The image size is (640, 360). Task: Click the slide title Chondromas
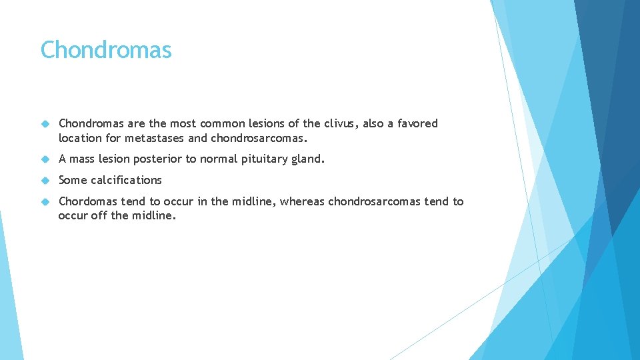click(x=106, y=50)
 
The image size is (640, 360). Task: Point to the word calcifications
click(x=126, y=180)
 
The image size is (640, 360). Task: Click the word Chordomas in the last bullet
click(x=88, y=201)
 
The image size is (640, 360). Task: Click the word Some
click(x=73, y=180)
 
